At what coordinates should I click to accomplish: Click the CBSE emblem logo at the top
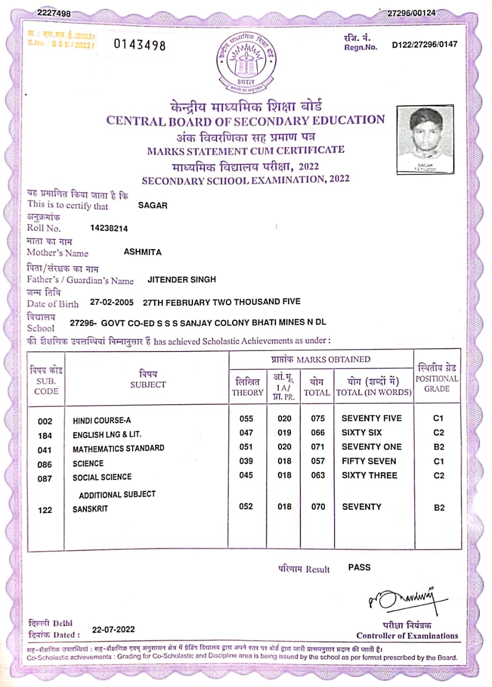click(x=244, y=63)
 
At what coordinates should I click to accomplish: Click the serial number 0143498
click(x=140, y=45)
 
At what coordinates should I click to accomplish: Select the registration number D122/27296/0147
click(x=425, y=45)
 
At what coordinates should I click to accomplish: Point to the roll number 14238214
click(x=109, y=228)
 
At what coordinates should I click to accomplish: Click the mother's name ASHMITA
click(x=142, y=252)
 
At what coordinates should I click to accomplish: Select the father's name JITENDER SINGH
click(x=182, y=280)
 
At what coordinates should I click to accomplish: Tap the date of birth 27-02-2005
click(x=111, y=302)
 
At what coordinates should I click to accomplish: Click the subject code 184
click(x=46, y=435)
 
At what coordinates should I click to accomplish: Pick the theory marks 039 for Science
click(x=245, y=461)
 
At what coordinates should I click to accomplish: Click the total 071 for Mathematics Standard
click(x=318, y=447)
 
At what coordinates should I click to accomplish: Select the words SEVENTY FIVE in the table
click(x=371, y=419)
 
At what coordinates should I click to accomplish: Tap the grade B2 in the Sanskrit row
click(x=439, y=508)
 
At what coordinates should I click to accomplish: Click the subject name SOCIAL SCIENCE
click(x=102, y=477)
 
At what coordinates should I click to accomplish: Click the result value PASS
click(x=359, y=567)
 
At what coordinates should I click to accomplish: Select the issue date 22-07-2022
click(x=113, y=630)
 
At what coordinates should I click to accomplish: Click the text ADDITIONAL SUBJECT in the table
click(x=117, y=494)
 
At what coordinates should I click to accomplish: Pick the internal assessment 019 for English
click(x=285, y=433)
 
